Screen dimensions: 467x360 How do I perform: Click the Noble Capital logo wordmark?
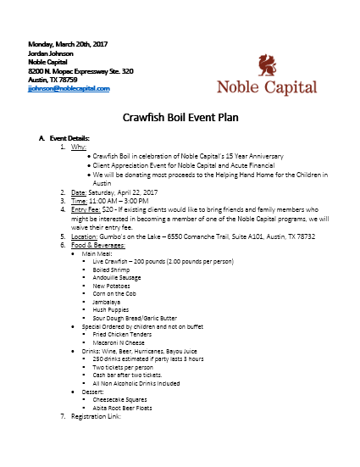pyautogui.click(x=266, y=86)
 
